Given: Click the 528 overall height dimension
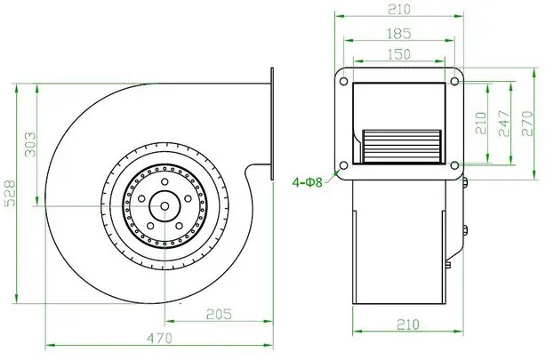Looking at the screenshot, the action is click(x=11, y=193).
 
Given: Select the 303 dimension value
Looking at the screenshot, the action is click(x=30, y=144).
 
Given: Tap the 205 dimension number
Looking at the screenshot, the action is click(x=219, y=315).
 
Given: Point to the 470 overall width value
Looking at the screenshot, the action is click(x=159, y=338).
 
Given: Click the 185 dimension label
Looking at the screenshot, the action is click(x=399, y=34).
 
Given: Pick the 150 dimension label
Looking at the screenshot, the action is click(x=399, y=54).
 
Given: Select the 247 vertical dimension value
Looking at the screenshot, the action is click(x=504, y=124).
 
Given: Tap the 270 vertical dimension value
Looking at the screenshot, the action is click(x=527, y=124).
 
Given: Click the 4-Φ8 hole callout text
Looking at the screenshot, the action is click(x=308, y=182).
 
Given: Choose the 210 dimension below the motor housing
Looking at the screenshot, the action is click(x=408, y=324).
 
